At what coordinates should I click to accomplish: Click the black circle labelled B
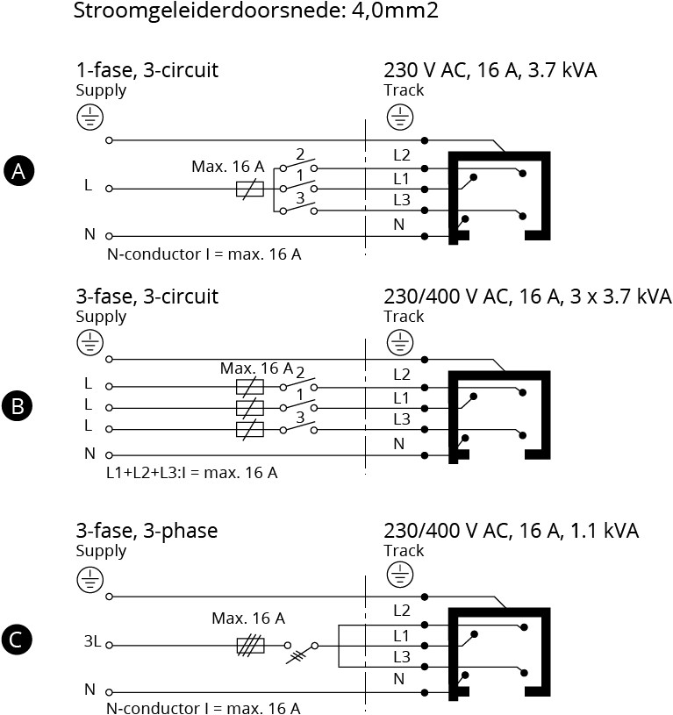(18, 407)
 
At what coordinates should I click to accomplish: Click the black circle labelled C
(18, 640)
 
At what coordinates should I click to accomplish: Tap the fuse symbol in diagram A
(250, 189)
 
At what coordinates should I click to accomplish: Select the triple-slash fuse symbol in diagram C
(250, 647)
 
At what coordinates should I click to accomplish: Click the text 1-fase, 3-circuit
(147, 71)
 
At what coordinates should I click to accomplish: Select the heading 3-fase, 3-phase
(147, 531)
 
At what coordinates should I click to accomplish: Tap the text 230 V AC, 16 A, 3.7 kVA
(490, 71)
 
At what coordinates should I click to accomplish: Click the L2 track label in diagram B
(402, 375)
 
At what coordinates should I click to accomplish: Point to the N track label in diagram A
(398, 225)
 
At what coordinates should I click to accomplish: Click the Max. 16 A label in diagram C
(248, 618)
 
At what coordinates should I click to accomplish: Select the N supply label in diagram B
(89, 454)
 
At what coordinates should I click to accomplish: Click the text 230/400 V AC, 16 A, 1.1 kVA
(511, 531)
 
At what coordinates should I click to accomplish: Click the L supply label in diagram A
(88, 185)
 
